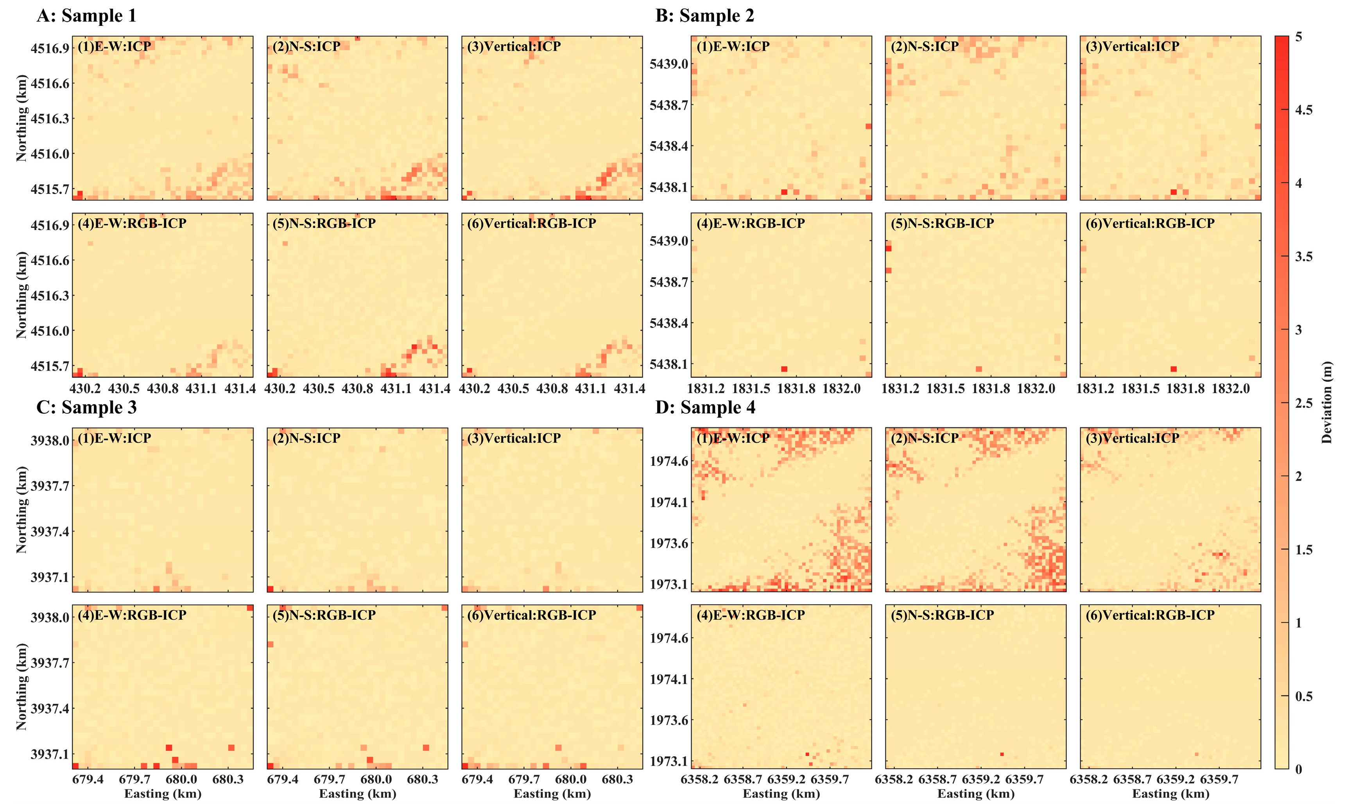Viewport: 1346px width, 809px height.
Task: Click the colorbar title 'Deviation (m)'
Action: click(1326, 402)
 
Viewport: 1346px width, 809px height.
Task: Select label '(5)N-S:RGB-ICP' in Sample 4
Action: click(942, 615)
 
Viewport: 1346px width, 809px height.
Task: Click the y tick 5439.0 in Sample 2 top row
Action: click(668, 64)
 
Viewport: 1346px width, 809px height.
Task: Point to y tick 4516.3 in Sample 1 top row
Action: click(50, 119)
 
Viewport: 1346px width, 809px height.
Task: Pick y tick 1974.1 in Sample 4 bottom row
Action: click(668, 679)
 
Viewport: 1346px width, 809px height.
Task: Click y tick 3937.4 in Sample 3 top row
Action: click(50, 531)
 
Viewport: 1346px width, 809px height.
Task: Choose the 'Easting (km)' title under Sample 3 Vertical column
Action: click(552, 794)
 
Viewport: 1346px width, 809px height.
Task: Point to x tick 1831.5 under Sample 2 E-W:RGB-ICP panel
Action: click(751, 389)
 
